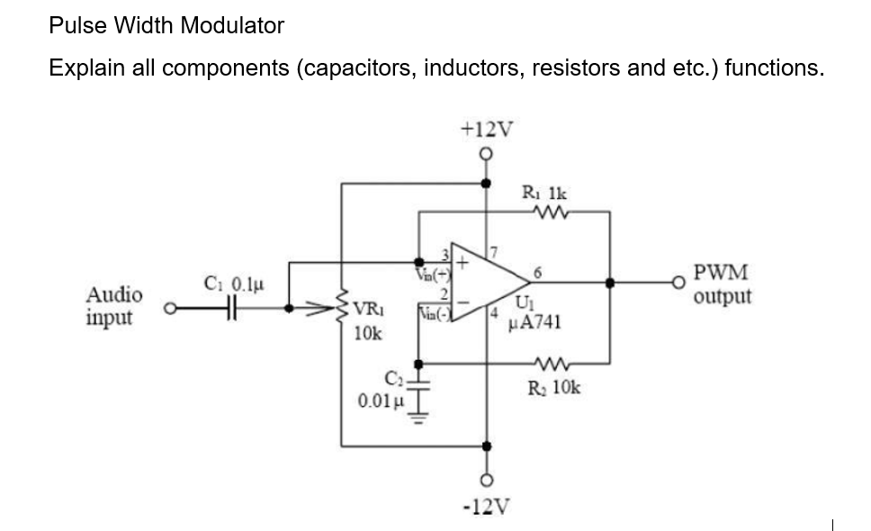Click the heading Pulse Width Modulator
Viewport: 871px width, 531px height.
(x=166, y=25)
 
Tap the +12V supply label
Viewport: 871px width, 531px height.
(x=487, y=129)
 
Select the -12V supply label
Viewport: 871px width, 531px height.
(x=487, y=506)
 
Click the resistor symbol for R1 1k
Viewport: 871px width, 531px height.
(x=547, y=213)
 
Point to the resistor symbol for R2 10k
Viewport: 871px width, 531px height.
(x=547, y=364)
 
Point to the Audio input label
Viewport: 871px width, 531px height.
(x=113, y=306)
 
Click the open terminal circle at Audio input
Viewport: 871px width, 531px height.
(x=167, y=308)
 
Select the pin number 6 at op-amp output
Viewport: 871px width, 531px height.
(x=536, y=269)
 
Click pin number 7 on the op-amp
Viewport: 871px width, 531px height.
(x=493, y=249)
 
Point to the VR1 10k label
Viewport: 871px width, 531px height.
(x=369, y=319)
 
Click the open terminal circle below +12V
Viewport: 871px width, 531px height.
(x=487, y=154)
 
